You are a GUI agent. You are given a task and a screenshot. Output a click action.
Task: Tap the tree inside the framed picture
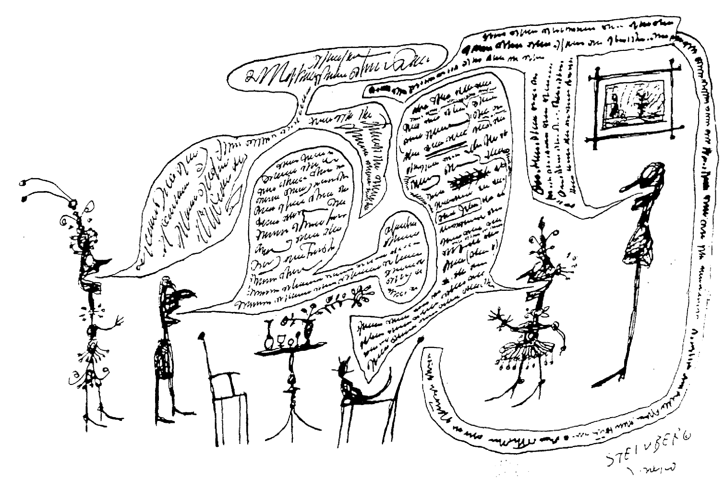click(x=639, y=108)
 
